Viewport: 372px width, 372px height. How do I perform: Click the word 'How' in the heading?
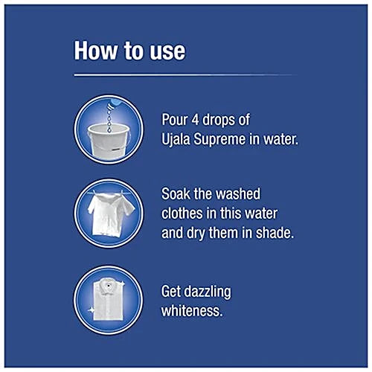pos(95,51)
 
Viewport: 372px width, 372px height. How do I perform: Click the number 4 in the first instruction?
pos(196,120)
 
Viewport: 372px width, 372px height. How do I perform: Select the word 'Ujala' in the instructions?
pos(176,140)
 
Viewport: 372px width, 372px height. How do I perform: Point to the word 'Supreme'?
pos(219,140)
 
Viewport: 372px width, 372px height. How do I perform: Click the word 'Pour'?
pos(175,120)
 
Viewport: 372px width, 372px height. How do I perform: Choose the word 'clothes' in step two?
pos(182,214)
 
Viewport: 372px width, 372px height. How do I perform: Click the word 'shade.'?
pos(275,233)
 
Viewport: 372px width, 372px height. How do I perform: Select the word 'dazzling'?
pos(208,292)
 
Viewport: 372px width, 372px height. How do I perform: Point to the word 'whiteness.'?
pos(192,311)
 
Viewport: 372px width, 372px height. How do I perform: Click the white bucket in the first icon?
pos(109,141)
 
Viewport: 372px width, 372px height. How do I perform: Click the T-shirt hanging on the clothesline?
pos(110,214)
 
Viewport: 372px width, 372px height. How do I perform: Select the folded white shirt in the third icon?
pos(109,299)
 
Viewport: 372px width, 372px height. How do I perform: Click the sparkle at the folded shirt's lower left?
pos(91,310)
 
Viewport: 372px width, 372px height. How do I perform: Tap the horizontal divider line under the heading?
pos(185,75)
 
